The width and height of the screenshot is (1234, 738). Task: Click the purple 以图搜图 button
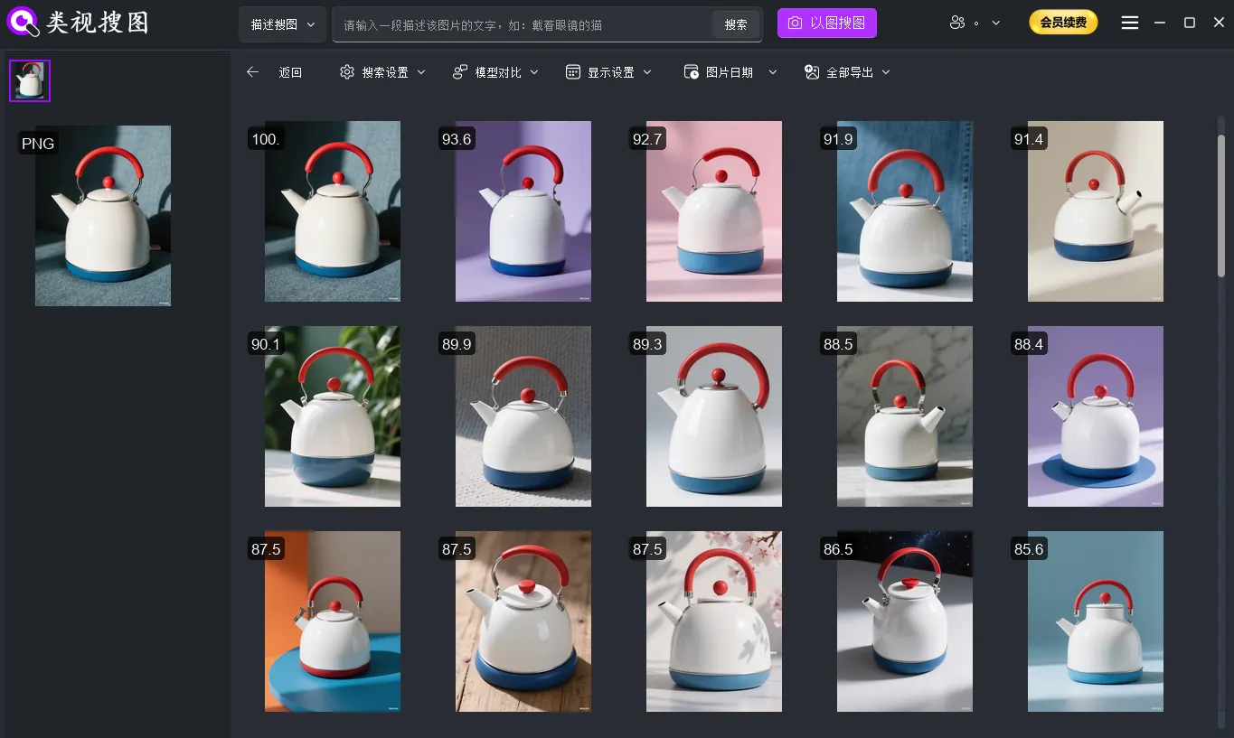[826, 23]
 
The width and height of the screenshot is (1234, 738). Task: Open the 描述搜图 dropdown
[282, 24]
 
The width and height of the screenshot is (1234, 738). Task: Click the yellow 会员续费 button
[1063, 23]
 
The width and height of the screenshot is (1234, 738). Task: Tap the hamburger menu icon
[1130, 23]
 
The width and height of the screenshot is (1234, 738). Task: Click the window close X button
[1219, 23]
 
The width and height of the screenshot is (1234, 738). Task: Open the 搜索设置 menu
[382, 72]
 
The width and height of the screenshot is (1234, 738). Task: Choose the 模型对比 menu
[495, 72]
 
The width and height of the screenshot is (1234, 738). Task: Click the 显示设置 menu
[608, 72]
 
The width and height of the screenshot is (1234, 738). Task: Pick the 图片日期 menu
[730, 72]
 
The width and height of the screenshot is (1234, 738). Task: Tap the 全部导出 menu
[847, 72]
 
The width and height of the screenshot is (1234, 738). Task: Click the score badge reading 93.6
[457, 139]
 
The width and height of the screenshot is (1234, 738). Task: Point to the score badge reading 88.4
[1029, 344]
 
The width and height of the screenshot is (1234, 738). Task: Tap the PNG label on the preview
[38, 144]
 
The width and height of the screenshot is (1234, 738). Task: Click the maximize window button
[1190, 23]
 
